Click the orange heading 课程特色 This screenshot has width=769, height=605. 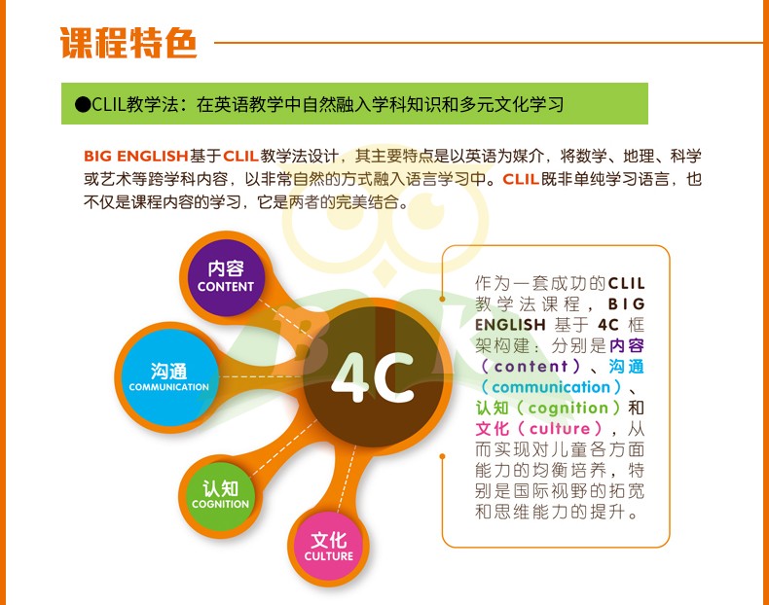click(128, 43)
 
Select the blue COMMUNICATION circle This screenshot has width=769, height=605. click(169, 377)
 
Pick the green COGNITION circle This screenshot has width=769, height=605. click(221, 496)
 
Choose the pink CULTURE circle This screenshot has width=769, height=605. click(329, 548)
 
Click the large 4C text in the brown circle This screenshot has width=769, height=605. click(373, 377)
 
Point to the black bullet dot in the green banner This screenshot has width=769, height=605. click(83, 104)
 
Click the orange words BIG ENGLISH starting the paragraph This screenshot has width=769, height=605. click(136, 157)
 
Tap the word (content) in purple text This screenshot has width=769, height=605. click(531, 367)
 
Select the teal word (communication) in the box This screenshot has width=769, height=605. click(551, 387)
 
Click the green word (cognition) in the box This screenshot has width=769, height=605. click(568, 408)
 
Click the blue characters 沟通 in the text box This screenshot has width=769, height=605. click(626, 367)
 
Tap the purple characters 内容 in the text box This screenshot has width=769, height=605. click(626, 346)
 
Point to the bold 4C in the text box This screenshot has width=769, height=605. click(608, 325)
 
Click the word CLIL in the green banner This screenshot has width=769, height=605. click(108, 104)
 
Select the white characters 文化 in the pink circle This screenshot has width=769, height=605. click(329, 541)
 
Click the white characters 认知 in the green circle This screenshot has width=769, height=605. click(221, 488)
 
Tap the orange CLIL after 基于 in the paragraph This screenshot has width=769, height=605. click(240, 157)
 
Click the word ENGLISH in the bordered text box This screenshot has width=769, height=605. click(510, 325)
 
